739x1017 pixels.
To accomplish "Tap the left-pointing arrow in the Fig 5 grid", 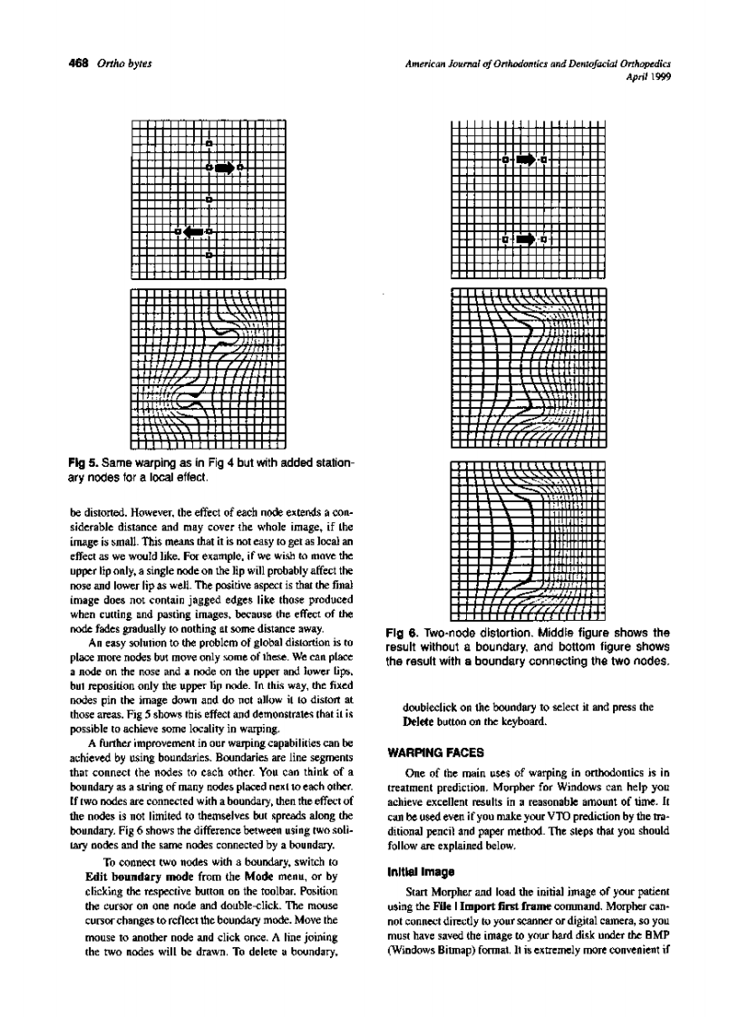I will [x=193, y=231].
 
